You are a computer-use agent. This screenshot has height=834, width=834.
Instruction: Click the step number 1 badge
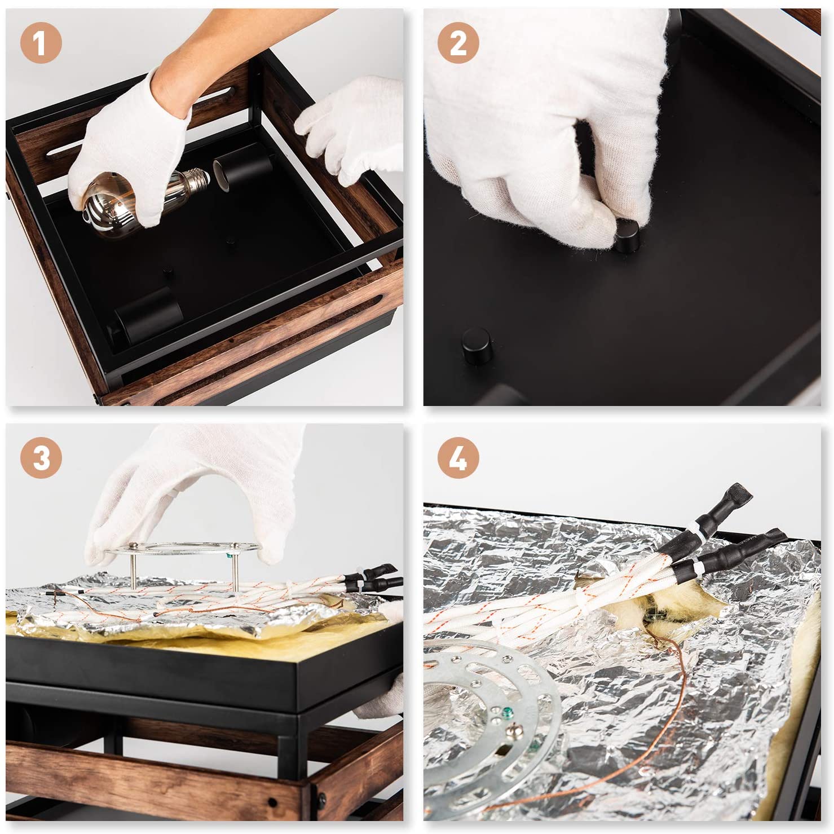pos(41,43)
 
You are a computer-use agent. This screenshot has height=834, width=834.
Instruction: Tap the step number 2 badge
pos(458,43)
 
